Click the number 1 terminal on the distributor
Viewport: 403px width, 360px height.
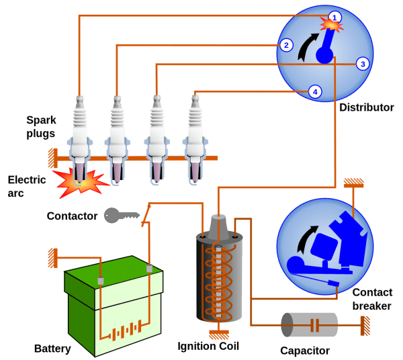[x=335, y=16]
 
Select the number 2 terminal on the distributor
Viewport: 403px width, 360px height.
[x=287, y=46]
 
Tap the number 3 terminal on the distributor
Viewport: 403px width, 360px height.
[x=363, y=64]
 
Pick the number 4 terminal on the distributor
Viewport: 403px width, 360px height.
[x=315, y=91]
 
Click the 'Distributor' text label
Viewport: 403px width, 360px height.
[x=366, y=107]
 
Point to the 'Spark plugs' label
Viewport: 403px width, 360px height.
[x=41, y=127]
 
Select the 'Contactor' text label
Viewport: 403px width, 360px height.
[x=72, y=216]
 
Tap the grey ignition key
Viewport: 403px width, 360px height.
[x=121, y=216]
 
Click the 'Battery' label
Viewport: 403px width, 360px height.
[x=52, y=349]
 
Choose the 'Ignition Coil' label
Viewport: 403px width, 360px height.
[x=208, y=347]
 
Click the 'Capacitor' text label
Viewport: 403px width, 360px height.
[x=305, y=350]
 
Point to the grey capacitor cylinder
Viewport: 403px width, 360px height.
[x=310, y=325]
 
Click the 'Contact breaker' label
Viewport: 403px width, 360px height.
[x=373, y=298]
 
